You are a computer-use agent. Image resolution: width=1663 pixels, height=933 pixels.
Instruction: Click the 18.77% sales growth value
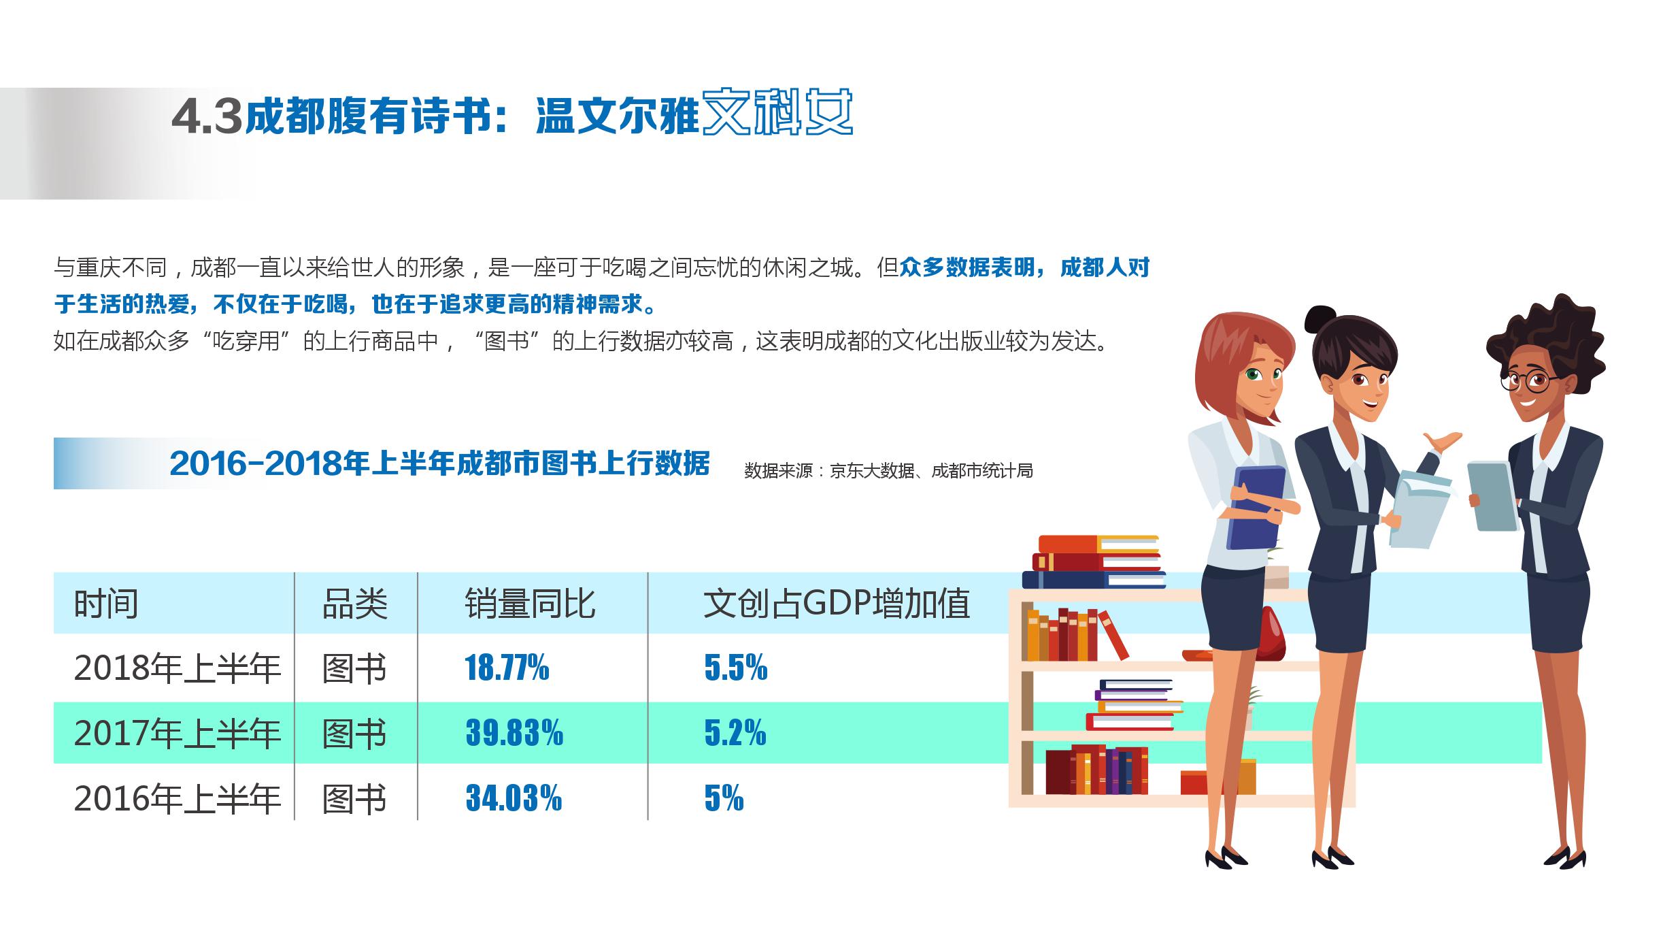click(x=507, y=668)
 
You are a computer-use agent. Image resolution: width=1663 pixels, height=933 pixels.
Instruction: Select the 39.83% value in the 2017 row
click(x=514, y=733)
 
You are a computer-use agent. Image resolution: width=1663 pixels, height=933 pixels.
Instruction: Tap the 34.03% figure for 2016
click(x=514, y=798)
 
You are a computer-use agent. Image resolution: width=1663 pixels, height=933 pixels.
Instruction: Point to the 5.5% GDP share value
click(x=736, y=668)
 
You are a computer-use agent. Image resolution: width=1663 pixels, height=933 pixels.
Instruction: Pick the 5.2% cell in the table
click(x=735, y=733)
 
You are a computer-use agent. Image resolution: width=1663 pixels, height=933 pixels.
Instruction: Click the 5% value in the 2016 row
click(x=724, y=798)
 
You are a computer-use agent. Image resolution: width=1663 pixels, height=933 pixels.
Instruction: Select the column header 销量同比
click(x=530, y=604)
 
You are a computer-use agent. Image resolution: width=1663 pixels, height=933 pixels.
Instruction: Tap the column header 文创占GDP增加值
click(x=837, y=604)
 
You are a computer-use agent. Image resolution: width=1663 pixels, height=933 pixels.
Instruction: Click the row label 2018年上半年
click(x=178, y=668)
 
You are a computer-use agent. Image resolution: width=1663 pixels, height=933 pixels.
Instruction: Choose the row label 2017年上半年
click(x=178, y=734)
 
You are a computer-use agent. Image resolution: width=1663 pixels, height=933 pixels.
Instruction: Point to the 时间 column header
click(x=106, y=604)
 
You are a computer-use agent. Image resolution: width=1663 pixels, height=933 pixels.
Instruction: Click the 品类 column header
click(x=354, y=604)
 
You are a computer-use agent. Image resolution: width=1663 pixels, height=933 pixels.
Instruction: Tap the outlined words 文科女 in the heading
click(x=777, y=112)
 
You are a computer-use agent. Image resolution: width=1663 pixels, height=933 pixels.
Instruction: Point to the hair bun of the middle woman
click(x=1320, y=318)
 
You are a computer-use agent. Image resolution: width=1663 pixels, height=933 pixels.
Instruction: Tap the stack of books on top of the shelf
click(x=1094, y=562)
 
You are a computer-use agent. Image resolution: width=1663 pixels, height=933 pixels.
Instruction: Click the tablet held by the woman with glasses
click(x=1492, y=496)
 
